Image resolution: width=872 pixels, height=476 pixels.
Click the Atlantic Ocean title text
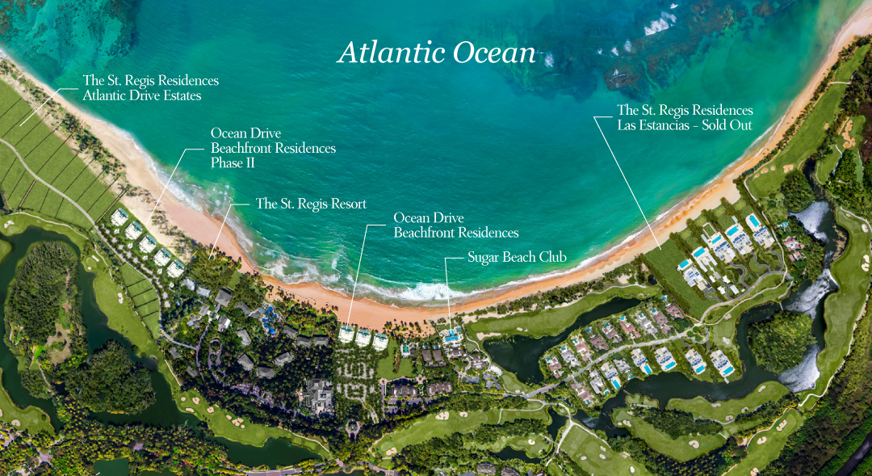click(437, 53)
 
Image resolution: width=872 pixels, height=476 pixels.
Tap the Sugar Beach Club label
click(517, 257)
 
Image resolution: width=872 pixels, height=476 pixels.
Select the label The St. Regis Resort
click(311, 204)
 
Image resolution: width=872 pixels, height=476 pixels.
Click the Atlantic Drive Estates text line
click(142, 95)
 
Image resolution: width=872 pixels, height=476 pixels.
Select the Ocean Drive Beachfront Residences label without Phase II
click(455, 225)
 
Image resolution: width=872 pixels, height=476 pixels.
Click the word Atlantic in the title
click(388, 53)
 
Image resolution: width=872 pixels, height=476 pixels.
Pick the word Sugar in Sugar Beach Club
click(484, 258)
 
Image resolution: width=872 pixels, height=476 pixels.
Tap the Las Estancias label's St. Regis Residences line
click(685, 110)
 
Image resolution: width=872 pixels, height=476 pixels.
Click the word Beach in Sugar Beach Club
click(521, 257)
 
